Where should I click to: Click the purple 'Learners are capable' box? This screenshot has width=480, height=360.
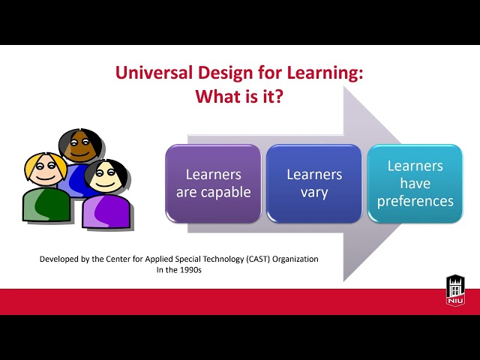213,183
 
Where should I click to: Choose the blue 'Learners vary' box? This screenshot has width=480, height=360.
314,183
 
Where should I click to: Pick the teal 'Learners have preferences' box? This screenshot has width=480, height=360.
415,183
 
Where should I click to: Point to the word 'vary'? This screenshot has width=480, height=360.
314,192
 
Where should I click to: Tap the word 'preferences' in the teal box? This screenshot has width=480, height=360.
415,201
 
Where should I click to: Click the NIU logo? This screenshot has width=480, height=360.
455,290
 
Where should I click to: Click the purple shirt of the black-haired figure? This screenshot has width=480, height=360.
105,211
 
